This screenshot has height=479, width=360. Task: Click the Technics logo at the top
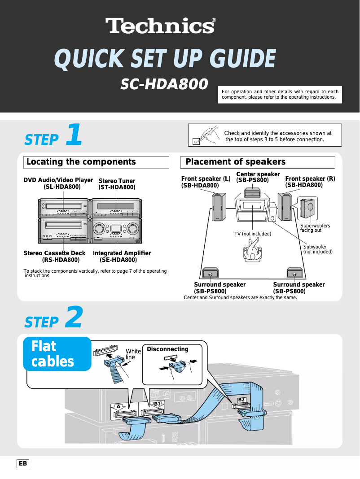160,26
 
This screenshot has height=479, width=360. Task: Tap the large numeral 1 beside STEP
74,135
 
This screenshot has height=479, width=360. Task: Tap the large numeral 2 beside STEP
74,318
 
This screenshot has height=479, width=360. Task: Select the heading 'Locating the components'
81,162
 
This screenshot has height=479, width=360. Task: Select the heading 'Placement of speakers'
235,162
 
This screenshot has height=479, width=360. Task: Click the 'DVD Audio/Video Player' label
58,180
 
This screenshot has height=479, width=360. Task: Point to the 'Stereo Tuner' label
117,181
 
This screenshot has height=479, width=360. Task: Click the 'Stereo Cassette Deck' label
54,253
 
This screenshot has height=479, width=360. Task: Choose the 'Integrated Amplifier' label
122,253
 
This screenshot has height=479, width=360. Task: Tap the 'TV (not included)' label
253,234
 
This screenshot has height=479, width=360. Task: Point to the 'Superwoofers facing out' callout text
315,228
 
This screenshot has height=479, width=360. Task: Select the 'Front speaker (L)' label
206,179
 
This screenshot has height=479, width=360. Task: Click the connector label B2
241,399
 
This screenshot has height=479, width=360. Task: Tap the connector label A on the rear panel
118,406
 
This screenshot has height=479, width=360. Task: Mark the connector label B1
157,404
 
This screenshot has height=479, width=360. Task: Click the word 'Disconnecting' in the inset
167,349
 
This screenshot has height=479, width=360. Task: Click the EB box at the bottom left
23,464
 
